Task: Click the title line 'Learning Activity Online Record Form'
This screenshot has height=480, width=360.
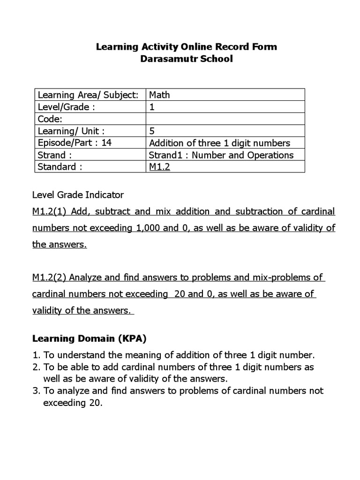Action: pyautogui.click(x=186, y=47)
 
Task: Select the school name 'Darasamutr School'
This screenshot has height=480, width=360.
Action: pyautogui.click(x=186, y=60)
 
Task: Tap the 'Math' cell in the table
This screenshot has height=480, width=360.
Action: pyautogui.click(x=159, y=95)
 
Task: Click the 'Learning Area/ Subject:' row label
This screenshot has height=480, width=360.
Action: pyautogui.click(x=88, y=95)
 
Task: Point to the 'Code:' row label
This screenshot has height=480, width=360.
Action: pyautogui.click(x=50, y=119)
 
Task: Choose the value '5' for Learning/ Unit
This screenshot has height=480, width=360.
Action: pyautogui.click(x=152, y=131)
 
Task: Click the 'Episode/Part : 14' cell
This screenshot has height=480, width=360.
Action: pyautogui.click(x=75, y=143)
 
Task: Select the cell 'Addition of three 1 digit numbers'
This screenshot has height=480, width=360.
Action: pyautogui.click(x=219, y=143)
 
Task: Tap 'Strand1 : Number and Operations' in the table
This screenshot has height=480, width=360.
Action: pyautogui.click(x=221, y=155)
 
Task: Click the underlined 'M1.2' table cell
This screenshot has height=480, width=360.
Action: pyautogui.click(x=159, y=167)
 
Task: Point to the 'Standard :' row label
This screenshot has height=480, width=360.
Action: pyautogui.click(x=60, y=167)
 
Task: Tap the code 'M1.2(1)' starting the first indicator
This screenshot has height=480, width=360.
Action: pyautogui.click(x=49, y=211)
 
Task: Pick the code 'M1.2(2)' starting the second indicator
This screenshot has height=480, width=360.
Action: pyautogui.click(x=49, y=277)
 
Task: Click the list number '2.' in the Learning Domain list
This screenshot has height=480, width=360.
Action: pyautogui.click(x=37, y=367)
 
